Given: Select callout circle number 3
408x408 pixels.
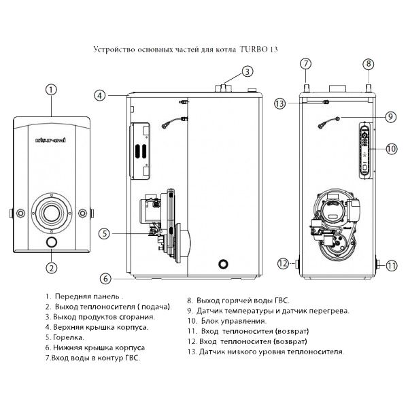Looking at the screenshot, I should pyautogui.click(x=248, y=71).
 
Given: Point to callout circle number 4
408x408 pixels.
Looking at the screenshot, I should pyautogui.click(x=100, y=96).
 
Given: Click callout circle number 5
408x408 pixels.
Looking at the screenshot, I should pyautogui.click(x=103, y=233).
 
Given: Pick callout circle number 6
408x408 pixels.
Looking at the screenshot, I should pyautogui.click(x=105, y=278).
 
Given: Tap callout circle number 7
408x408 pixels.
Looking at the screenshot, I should pyautogui.click(x=307, y=64).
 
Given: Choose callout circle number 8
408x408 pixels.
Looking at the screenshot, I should pyautogui.click(x=369, y=64).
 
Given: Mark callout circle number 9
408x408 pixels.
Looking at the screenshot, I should pyautogui.click(x=390, y=117).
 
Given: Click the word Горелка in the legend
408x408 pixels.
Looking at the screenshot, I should pyautogui.click(x=67, y=337).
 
